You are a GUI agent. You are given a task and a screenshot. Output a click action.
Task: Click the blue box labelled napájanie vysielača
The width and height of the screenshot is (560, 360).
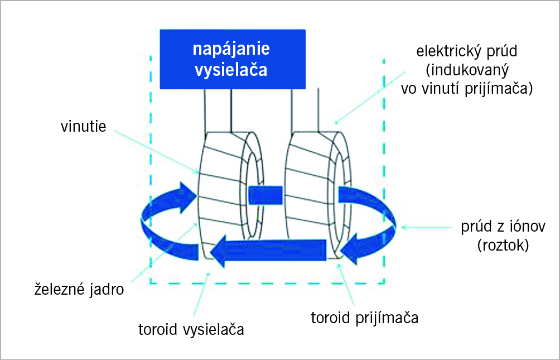point(233,59)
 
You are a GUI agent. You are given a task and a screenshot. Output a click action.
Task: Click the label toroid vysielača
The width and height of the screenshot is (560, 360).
point(191,329)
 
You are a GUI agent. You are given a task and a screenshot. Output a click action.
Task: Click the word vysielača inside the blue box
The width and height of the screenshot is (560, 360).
point(231,70)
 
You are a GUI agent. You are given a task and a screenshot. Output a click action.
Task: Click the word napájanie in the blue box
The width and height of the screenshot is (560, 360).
point(231,49)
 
